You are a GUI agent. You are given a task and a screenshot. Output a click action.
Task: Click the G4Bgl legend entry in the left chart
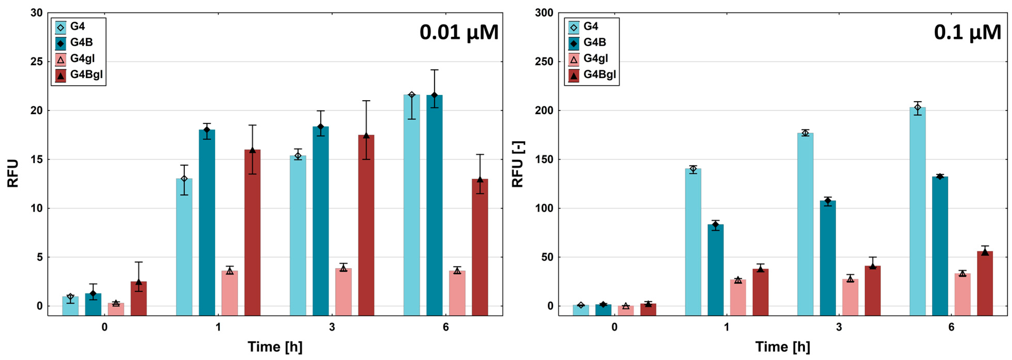pos(79,74)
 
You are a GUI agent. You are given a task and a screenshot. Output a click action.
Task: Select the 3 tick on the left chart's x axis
pos(332,327)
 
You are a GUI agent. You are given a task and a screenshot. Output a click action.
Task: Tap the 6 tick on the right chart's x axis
pos(951,327)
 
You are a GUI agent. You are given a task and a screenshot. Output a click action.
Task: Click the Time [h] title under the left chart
pos(275,347)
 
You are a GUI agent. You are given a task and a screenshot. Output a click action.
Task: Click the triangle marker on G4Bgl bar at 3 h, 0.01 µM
pos(366,136)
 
